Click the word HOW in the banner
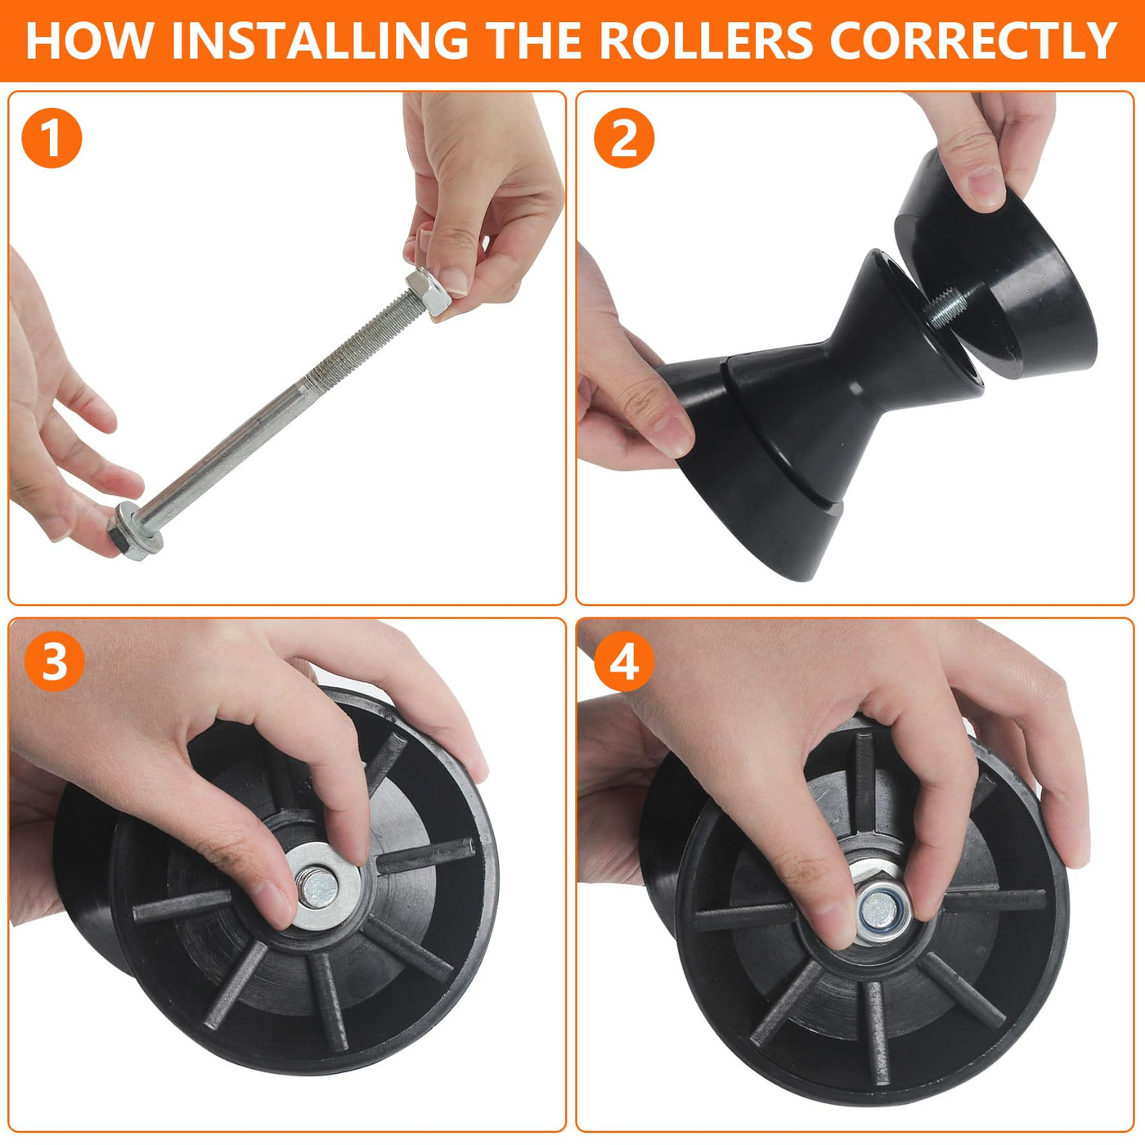point(90,40)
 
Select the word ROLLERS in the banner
point(706,40)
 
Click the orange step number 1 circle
point(52,138)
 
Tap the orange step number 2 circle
point(624,138)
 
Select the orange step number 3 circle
point(53,661)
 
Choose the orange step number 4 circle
point(624,661)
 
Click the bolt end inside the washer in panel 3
point(319,887)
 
